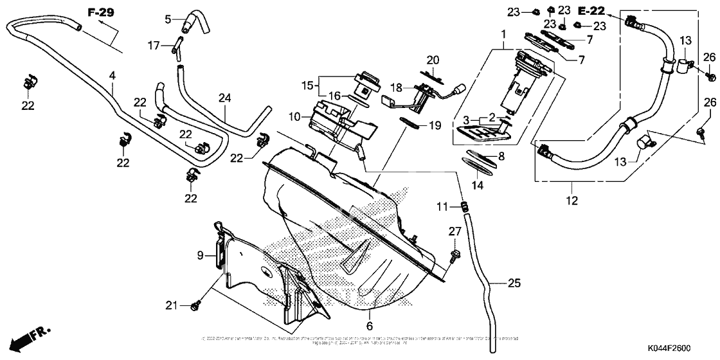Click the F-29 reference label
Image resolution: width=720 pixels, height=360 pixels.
[100, 12]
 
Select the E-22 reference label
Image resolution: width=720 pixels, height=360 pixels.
[591, 11]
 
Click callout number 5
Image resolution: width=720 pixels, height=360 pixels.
[168, 19]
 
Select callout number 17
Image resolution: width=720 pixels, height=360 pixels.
[154, 45]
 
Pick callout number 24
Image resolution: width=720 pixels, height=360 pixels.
[224, 98]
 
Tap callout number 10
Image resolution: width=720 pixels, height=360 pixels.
[295, 116]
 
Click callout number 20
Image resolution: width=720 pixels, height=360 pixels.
[433, 60]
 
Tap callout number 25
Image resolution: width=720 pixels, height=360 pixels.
[513, 282]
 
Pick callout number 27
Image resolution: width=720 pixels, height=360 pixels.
[455, 231]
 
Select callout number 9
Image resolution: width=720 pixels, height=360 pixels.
[200, 255]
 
